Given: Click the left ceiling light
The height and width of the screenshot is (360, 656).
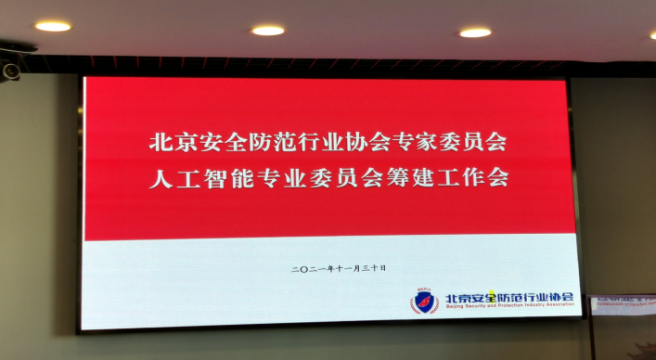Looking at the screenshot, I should tap(53, 26).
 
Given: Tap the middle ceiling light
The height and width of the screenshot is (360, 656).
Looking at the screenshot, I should tap(267, 31).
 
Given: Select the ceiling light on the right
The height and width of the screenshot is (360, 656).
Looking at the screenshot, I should tap(474, 32).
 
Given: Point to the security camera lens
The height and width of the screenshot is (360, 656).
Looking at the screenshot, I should tap(10, 70).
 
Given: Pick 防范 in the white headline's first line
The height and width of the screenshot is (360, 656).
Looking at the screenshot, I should tap(261, 144).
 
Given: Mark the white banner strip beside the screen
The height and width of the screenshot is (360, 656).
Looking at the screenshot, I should tap(623, 304).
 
